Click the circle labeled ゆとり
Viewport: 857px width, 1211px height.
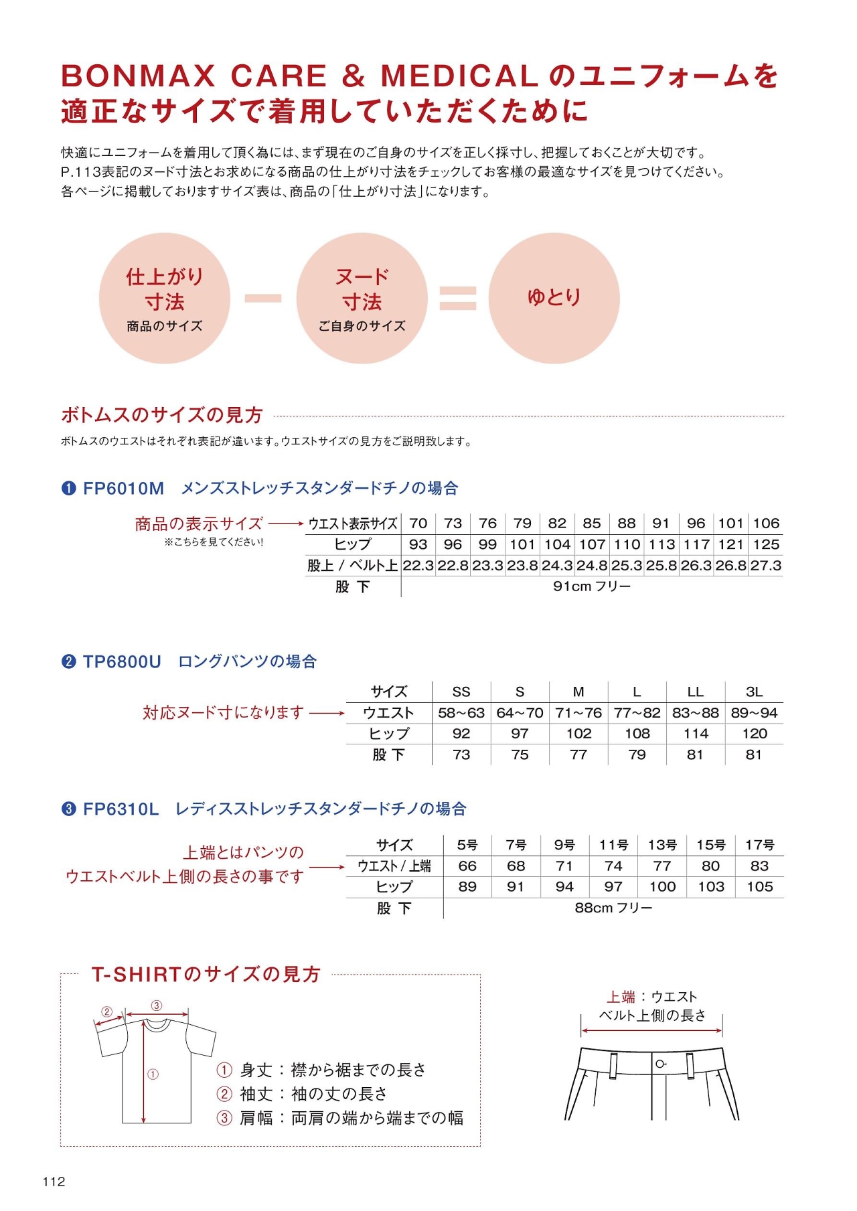(x=554, y=298)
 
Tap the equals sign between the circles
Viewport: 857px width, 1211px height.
(x=458, y=298)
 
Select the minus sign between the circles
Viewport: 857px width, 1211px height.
(x=262, y=298)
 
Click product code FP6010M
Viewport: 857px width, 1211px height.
(x=123, y=489)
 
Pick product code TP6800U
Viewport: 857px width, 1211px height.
(x=122, y=662)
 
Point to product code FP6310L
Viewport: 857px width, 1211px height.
(x=121, y=809)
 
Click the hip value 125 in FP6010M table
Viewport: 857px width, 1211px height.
(x=766, y=544)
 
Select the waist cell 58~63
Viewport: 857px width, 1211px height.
(x=461, y=713)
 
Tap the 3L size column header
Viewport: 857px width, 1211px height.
(x=754, y=692)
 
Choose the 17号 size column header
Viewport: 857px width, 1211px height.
(x=759, y=845)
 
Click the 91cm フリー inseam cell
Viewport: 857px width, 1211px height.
(x=592, y=586)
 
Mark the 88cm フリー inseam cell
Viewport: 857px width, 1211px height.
(x=613, y=908)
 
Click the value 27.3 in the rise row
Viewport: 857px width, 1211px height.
(x=766, y=566)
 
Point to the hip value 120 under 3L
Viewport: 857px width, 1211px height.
(x=755, y=734)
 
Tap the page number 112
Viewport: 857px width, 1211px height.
(x=54, y=1182)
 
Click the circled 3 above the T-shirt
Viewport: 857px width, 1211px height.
(x=156, y=1005)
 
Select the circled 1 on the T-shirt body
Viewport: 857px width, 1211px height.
(x=153, y=1074)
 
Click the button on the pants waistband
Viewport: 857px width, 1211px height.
(x=660, y=1064)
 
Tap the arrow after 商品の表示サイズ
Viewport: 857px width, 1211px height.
(x=287, y=523)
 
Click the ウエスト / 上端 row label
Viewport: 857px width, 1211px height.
(x=394, y=866)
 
